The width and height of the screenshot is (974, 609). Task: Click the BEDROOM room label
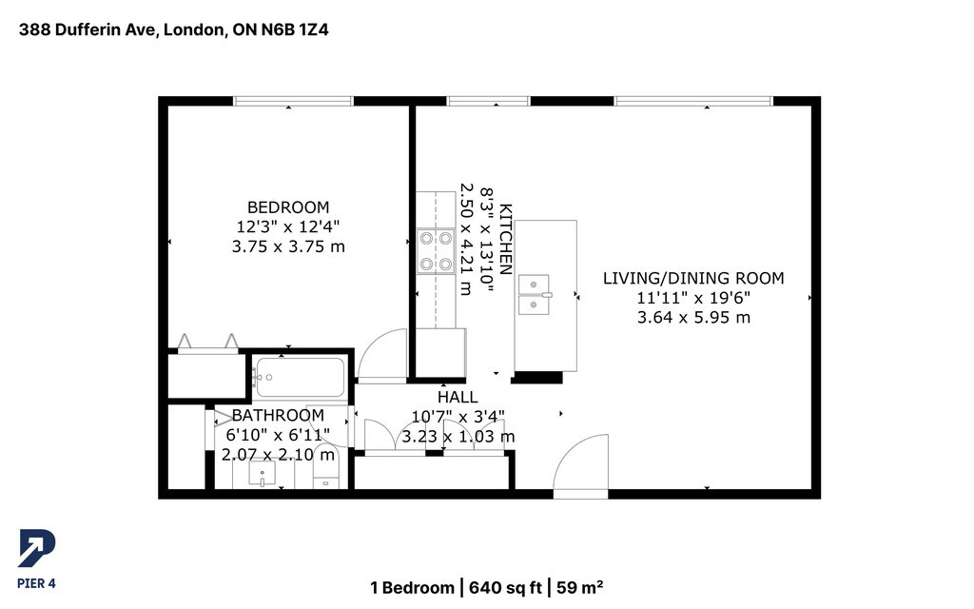click(x=288, y=206)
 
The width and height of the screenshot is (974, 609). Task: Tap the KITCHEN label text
click(x=506, y=239)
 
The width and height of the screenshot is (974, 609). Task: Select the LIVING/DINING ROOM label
click(x=693, y=278)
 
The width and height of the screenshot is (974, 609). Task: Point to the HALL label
click(x=458, y=397)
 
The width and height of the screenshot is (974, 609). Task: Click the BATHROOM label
click(x=278, y=415)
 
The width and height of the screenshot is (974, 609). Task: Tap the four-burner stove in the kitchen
click(x=436, y=251)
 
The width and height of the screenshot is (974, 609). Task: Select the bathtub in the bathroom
click(x=300, y=377)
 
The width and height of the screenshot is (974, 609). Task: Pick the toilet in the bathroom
click(x=325, y=467)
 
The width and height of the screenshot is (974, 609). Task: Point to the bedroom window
click(x=293, y=101)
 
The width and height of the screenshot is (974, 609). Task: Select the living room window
click(x=693, y=101)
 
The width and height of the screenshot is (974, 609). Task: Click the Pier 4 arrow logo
click(x=37, y=548)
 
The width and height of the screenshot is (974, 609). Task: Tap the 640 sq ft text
click(x=505, y=588)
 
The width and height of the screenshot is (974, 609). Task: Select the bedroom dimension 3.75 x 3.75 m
click(x=288, y=246)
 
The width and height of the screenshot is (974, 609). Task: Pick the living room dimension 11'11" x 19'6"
click(x=693, y=298)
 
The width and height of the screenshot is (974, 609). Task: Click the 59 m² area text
click(x=579, y=588)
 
